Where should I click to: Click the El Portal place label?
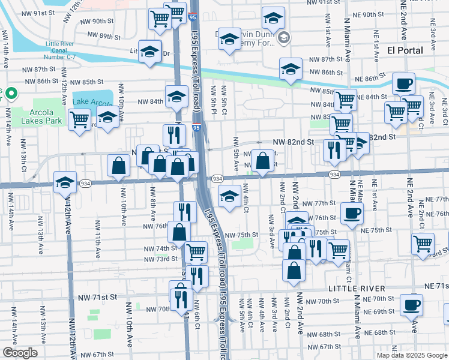pyautogui.click(x=405, y=50)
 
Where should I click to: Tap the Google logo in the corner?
pyautogui.click(x=20, y=353)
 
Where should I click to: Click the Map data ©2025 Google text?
pyautogui.click(x=412, y=355)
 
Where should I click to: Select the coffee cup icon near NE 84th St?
pyautogui.click(x=404, y=84)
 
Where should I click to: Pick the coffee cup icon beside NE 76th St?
pyautogui.click(x=352, y=213)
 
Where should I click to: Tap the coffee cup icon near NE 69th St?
pyautogui.click(x=412, y=305)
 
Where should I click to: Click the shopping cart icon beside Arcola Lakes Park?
pyautogui.click(x=79, y=119)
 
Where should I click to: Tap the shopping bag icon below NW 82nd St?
pyautogui.click(x=262, y=161)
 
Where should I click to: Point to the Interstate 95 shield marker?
pyautogui.click(x=196, y=127)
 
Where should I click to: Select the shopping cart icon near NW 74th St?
pyautogui.click(x=196, y=252)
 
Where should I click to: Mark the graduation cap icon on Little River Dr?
pyautogui.click(x=149, y=51)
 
